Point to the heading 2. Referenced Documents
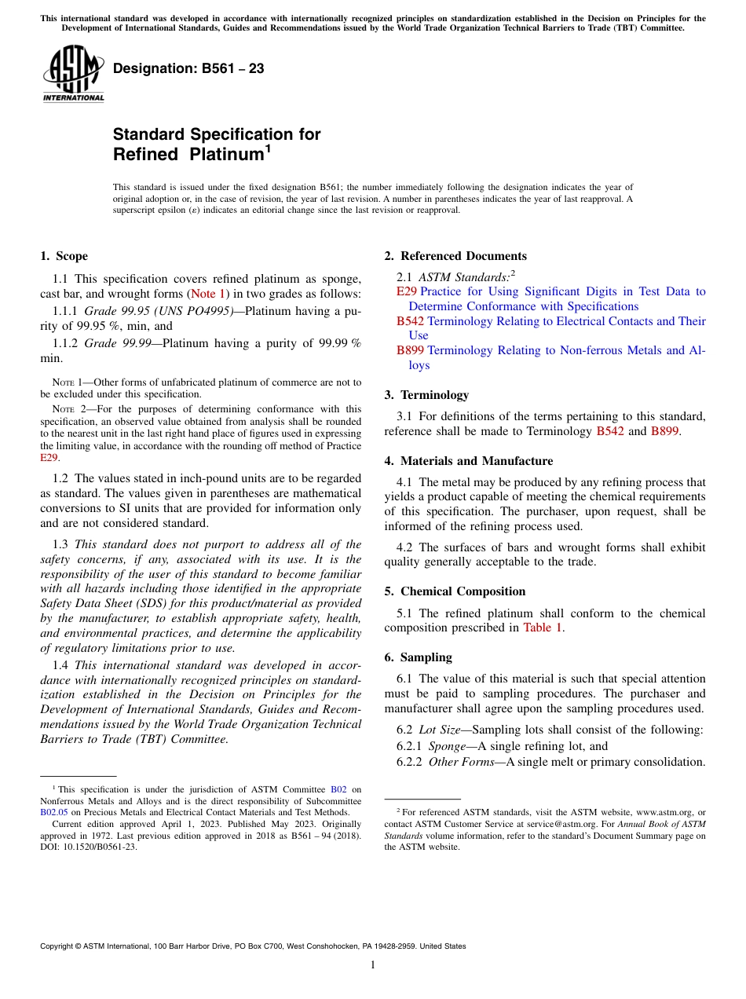[455, 256]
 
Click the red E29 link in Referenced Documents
[407, 291]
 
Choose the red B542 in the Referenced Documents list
[410, 321]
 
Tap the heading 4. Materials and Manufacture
[468, 461]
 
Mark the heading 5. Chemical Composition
[455, 591]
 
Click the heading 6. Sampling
[418, 657]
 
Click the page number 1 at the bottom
[373, 965]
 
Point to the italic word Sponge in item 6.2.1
[447, 747]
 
